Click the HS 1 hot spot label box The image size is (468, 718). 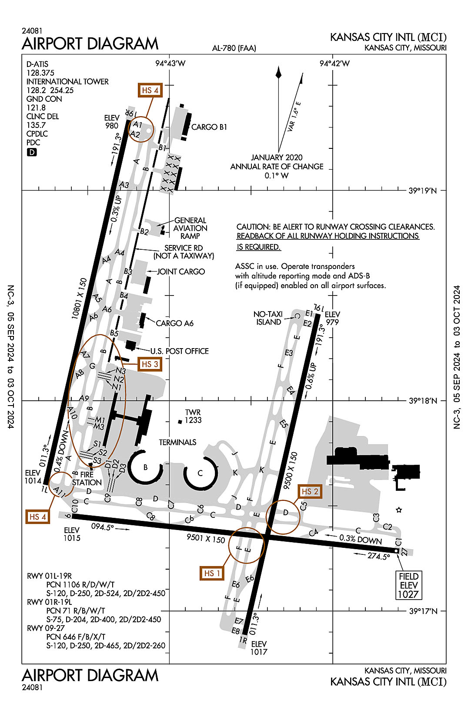click(x=212, y=573)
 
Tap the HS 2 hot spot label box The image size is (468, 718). click(x=310, y=491)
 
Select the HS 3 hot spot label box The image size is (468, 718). click(x=150, y=364)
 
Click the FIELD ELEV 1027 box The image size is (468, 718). click(x=408, y=585)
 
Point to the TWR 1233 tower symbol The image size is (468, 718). click(x=180, y=422)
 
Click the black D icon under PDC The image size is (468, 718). click(x=32, y=152)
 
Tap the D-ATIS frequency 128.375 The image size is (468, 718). click(x=40, y=73)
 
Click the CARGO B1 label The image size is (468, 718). click(x=209, y=127)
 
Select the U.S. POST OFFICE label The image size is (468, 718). click(x=180, y=351)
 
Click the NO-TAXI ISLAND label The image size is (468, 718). click(x=268, y=318)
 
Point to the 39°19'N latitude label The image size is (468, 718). click(x=422, y=191)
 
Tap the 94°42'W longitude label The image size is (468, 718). click(x=334, y=64)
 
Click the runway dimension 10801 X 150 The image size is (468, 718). click(x=79, y=299)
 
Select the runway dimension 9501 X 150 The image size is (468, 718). click(x=206, y=538)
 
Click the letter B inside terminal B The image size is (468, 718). click(x=145, y=467)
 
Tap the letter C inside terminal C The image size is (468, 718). click(x=200, y=473)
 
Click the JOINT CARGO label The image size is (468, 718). click(x=181, y=272)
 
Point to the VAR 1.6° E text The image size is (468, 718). click(x=294, y=117)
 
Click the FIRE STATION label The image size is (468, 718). click(x=87, y=479)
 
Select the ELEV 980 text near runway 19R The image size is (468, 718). click(x=112, y=122)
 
